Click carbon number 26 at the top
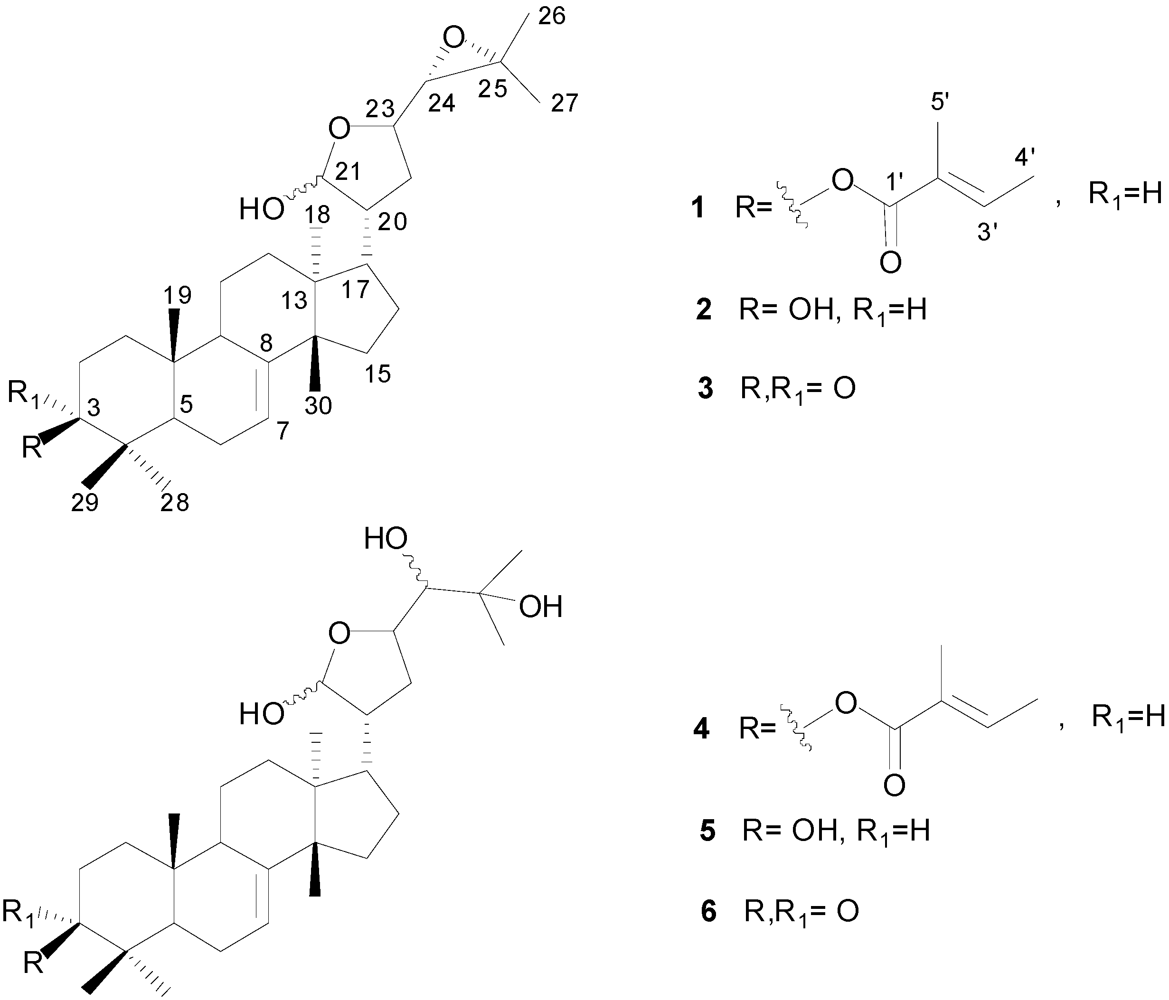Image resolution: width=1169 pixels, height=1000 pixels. tap(551, 18)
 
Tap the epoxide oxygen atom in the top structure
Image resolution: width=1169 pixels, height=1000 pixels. tap(453, 39)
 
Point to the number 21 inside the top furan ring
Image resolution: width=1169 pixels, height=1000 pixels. tap(348, 172)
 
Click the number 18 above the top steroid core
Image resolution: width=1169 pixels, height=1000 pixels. tap(317, 215)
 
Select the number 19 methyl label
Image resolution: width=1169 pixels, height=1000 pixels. tap(178, 295)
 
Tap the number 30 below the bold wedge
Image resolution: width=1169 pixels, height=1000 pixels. tap(318, 405)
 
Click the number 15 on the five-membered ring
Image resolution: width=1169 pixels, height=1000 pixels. tap(377, 374)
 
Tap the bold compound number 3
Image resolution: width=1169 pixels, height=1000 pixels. tap(705, 389)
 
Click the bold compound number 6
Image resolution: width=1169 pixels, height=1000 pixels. tap(708, 911)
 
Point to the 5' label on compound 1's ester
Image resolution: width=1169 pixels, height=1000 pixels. tap(940, 102)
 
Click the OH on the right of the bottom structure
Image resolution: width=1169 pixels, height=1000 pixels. tap(540, 607)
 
